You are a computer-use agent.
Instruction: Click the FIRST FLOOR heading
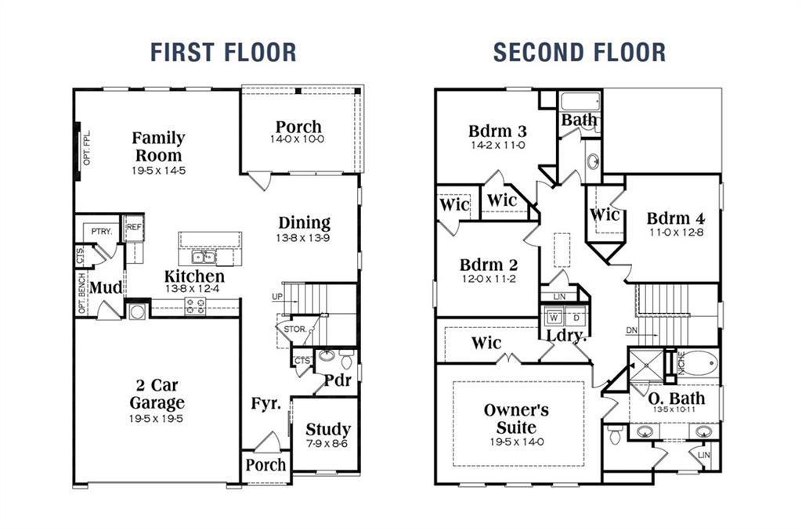[223, 52]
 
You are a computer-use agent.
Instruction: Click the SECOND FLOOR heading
[579, 52]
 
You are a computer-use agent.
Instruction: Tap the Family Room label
[158, 146]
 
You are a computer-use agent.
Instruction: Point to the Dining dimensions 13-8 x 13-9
[304, 238]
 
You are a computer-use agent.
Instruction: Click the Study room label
[327, 429]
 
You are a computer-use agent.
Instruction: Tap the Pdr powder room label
[337, 380]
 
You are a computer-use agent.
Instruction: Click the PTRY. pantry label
[101, 232]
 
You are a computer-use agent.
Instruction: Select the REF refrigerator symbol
[134, 227]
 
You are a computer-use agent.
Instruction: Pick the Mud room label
[106, 288]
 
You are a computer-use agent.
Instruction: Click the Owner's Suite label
[515, 419]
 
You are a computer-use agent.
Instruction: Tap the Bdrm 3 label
[497, 131]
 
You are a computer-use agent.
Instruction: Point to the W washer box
[554, 319]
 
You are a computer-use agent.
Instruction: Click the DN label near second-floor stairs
[632, 330]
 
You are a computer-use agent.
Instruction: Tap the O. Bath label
[677, 398]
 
